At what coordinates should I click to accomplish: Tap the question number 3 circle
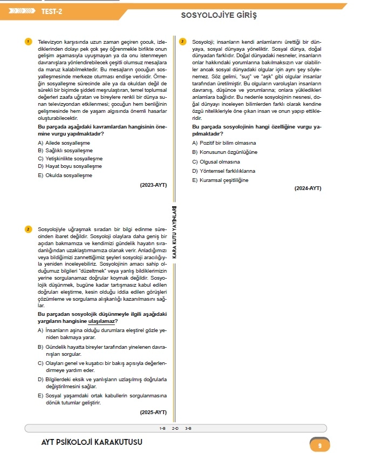point(183,42)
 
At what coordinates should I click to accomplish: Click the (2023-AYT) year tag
point(153,185)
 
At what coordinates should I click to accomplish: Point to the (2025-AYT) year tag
point(153,412)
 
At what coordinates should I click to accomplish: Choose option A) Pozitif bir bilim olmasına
point(224,143)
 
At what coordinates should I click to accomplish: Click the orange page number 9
point(320,445)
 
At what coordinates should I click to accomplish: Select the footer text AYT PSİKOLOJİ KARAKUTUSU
point(92,443)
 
